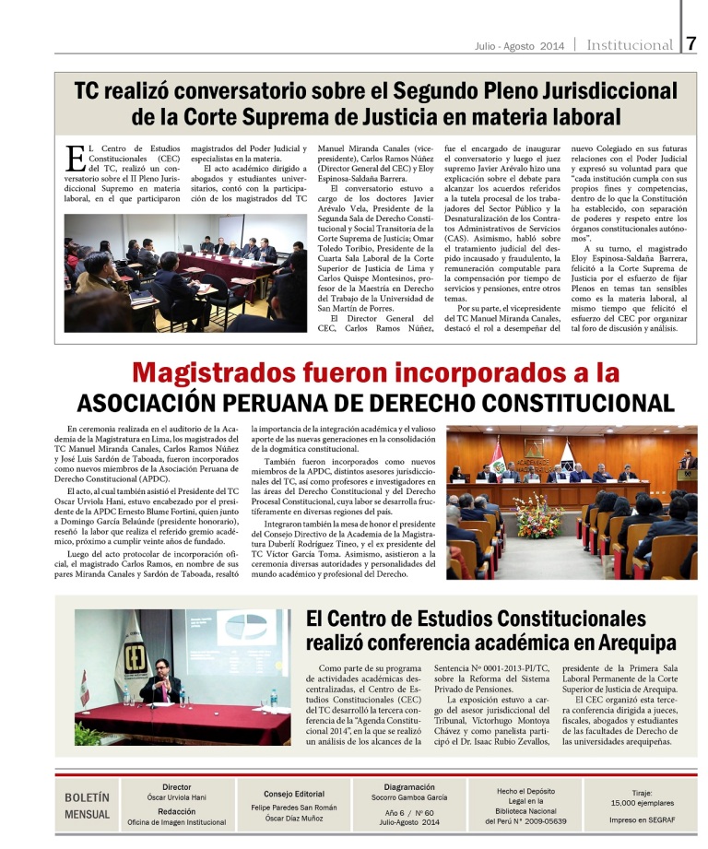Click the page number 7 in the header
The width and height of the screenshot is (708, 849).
pos(692,43)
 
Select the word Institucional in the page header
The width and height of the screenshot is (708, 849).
pos(630,45)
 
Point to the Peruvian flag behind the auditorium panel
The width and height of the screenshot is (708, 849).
pos(499,457)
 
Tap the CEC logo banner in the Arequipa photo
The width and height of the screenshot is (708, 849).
pos(124,651)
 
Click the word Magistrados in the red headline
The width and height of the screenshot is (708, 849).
pos(236,372)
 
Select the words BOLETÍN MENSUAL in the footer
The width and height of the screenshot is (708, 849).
pos(87,805)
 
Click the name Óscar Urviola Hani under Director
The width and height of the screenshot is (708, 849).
pos(176,796)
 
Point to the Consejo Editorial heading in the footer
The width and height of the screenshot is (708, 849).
pos(293,793)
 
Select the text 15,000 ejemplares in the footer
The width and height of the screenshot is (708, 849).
pos(642,802)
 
